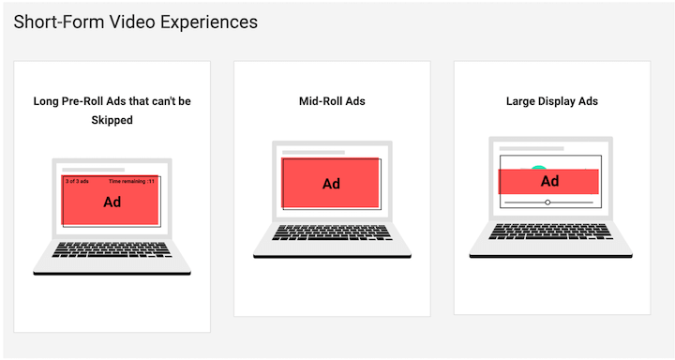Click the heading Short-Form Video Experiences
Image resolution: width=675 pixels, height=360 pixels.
(x=136, y=22)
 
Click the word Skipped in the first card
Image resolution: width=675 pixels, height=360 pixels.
(x=112, y=120)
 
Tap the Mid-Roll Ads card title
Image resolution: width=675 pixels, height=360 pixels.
(x=331, y=101)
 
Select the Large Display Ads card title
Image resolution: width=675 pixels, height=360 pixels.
(x=551, y=101)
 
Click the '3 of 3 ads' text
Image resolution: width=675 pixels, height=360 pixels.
(x=77, y=181)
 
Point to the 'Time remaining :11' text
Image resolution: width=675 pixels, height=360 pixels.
(x=131, y=181)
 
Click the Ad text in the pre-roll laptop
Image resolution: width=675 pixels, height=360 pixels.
(x=112, y=202)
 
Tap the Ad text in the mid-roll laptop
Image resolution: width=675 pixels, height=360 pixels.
(x=331, y=184)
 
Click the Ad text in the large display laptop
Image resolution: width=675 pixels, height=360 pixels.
(x=550, y=181)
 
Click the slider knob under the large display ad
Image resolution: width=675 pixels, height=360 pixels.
(x=547, y=202)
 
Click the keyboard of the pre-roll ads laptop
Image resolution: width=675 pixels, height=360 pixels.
(x=112, y=249)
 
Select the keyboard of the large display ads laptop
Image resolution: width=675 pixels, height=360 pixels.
(x=550, y=231)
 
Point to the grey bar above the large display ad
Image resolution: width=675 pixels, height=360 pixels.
(x=531, y=148)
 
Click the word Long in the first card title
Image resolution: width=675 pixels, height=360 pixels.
(x=48, y=101)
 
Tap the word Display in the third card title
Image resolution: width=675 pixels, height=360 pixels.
(x=558, y=101)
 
